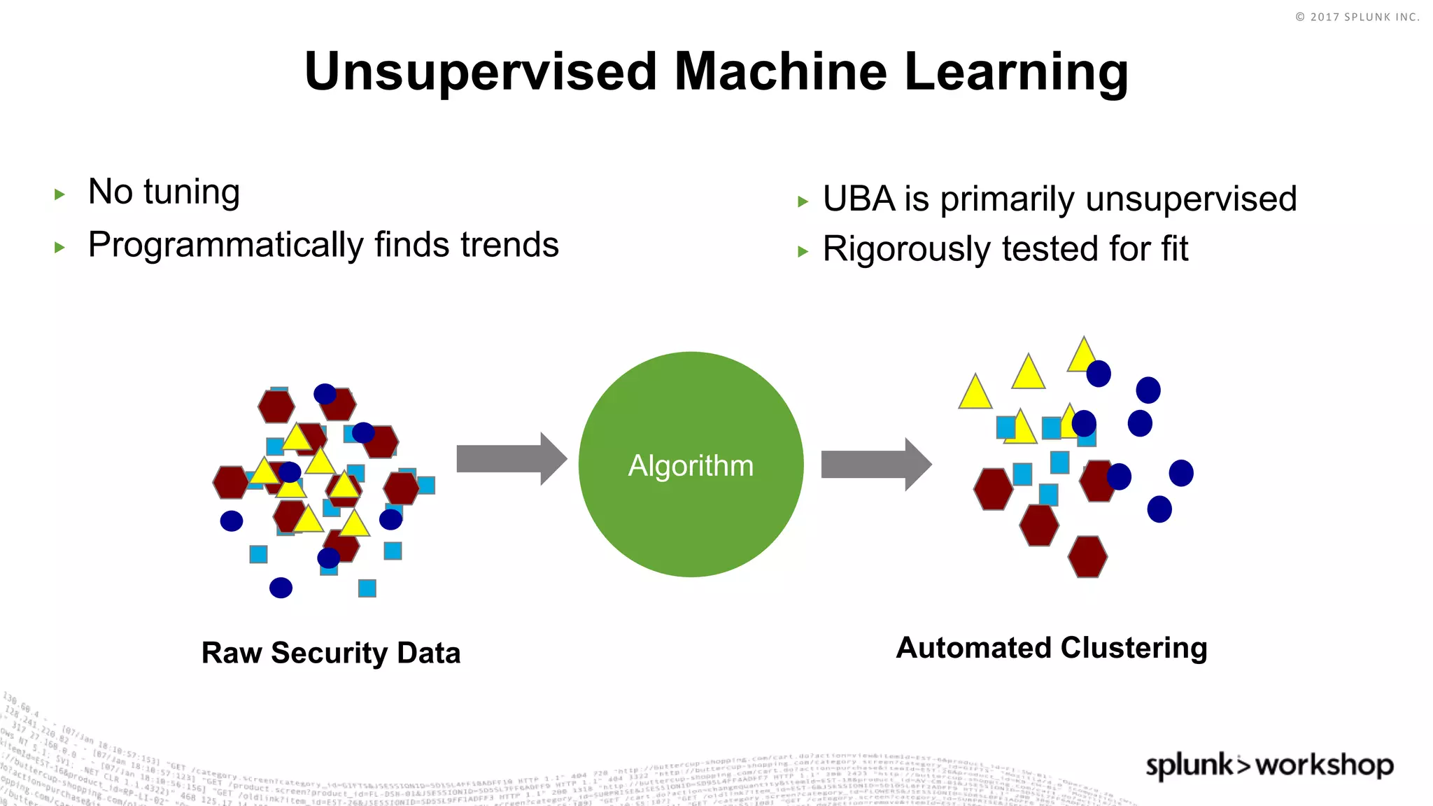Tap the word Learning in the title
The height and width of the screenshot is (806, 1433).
tap(1016, 72)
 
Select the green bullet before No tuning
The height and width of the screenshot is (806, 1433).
tap(59, 195)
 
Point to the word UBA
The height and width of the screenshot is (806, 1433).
tap(859, 199)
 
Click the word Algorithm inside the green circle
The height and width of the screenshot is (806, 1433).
tap(691, 466)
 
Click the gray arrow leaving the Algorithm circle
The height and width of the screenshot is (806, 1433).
tap(875, 465)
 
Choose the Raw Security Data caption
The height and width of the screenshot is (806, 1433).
tap(331, 653)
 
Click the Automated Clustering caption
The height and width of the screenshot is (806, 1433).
tap(1052, 648)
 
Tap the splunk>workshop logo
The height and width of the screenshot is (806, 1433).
tap(1269, 765)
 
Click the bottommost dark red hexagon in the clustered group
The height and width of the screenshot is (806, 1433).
tap(1087, 557)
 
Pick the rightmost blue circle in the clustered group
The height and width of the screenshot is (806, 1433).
tap(1181, 473)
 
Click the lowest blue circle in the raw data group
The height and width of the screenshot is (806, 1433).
tap(281, 588)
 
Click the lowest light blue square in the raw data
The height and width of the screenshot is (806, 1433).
tap(367, 588)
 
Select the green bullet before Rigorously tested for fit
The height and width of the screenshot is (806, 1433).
tap(803, 252)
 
